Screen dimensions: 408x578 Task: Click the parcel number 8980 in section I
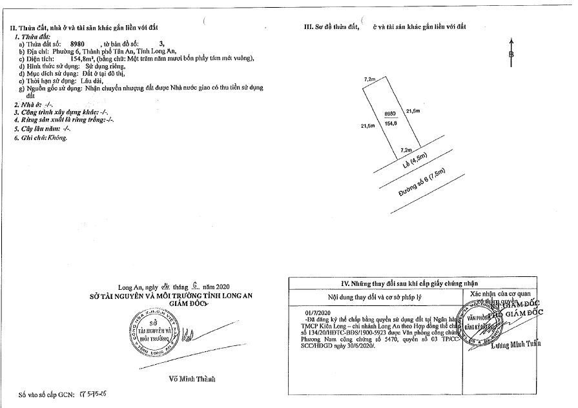[77, 44]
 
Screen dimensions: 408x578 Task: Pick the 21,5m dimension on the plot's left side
[368, 127]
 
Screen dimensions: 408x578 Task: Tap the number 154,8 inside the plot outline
[389, 120]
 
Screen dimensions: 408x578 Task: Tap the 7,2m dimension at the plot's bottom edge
[407, 149]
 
